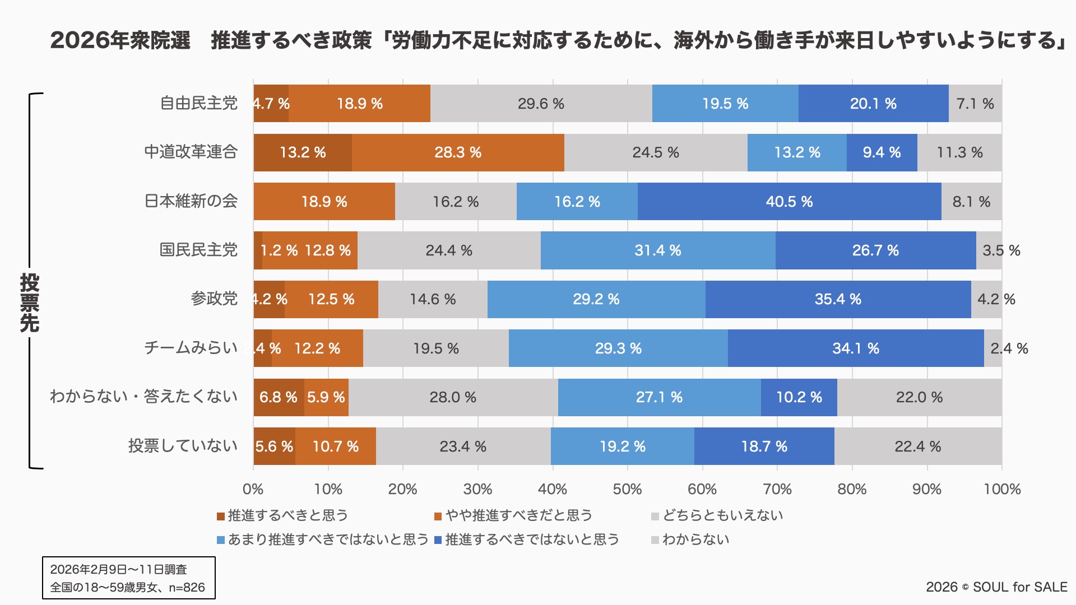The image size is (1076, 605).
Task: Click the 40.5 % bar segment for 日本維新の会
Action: coord(789,202)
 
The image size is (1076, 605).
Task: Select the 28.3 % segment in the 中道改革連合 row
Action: coord(458,152)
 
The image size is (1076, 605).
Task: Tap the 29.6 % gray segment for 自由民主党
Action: coord(541,104)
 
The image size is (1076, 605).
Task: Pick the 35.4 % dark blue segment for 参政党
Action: coord(838,299)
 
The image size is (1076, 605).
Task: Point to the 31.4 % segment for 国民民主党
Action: coord(657,250)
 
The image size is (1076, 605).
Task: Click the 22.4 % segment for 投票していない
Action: coord(917,446)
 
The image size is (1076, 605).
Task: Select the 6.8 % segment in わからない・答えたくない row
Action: coord(279,397)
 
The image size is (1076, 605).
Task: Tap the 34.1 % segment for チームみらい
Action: coord(855,348)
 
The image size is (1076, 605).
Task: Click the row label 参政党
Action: coord(214,299)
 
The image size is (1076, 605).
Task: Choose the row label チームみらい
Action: coord(191,348)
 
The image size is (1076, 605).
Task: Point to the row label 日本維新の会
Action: coord(191,201)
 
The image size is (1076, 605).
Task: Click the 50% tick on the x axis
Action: coord(627,489)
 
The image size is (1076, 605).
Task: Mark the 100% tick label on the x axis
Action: coord(1002,489)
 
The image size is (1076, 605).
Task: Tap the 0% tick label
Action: coord(253,489)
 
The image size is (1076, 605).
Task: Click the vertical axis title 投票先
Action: coord(29,302)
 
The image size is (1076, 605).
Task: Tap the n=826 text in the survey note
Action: coord(187,587)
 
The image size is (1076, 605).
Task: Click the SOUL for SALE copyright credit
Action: coord(996,587)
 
